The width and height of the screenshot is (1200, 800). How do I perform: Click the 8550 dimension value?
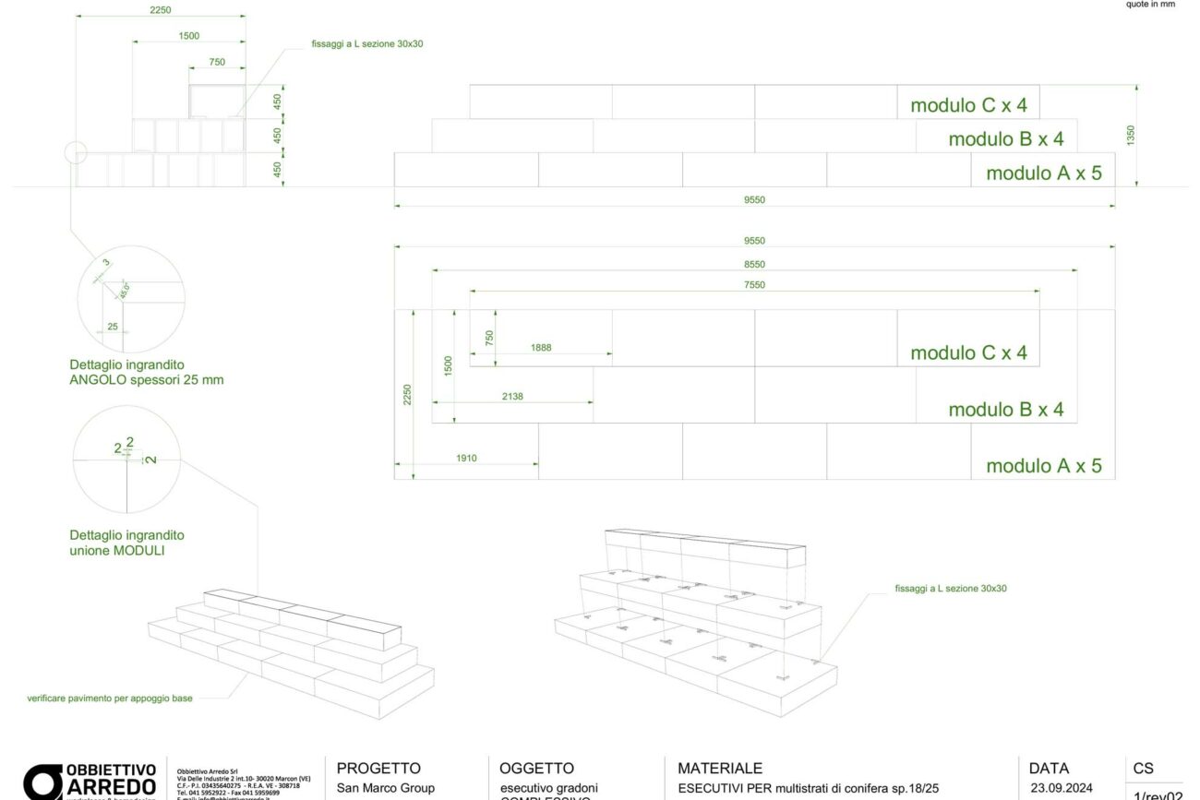pos(754,264)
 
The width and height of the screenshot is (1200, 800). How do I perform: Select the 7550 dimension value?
pos(754,285)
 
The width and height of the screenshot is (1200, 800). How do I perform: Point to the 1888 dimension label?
pos(542,348)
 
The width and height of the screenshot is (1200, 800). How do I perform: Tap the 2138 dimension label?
pos(512,396)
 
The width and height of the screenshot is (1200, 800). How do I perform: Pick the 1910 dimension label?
pos(466,458)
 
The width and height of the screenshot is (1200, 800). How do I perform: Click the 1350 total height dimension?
pos(1131,136)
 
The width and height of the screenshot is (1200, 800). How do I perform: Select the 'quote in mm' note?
pos(1150,5)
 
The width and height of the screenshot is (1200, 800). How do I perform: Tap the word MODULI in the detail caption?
pos(146,551)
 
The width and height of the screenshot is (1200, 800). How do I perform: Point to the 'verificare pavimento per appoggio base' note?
pos(110,699)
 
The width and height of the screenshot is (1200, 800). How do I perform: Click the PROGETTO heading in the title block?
pos(378,769)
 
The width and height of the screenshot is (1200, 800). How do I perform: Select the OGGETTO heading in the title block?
pos(536,769)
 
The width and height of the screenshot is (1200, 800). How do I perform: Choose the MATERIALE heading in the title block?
pos(720,769)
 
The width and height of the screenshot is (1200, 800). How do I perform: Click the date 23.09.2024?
pos(1062,788)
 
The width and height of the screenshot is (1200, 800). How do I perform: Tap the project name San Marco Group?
pos(386,788)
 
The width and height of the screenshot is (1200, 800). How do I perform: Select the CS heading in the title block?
pos(1143,769)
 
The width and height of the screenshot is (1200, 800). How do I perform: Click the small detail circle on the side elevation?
pos(76,152)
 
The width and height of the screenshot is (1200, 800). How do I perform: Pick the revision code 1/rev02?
pos(1158,794)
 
